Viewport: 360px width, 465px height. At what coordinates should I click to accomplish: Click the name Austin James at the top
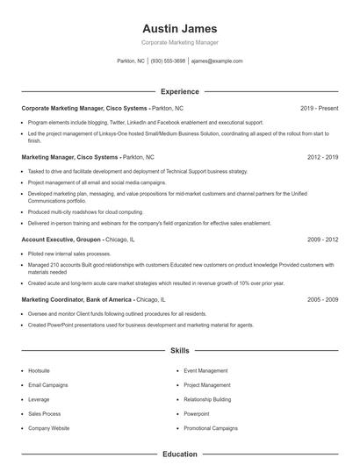(x=179, y=28)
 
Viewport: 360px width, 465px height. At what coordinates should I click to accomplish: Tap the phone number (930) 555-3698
(x=168, y=61)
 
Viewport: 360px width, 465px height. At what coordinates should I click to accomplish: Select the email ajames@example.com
(x=216, y=61)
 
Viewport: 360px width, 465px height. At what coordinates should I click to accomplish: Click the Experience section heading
(x=179, y=91)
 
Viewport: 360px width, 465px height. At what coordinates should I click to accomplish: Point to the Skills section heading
(x=179, y=350)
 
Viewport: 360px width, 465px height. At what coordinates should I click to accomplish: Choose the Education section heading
(x=179, y=454)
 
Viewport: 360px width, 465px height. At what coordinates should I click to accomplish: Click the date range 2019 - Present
(x=319, y=108)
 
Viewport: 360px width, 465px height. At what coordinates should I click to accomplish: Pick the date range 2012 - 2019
(x=322, y=156)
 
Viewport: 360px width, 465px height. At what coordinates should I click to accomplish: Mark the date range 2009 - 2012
(x=322, y=239)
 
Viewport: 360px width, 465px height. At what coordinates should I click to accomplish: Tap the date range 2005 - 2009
(x=322, y=299)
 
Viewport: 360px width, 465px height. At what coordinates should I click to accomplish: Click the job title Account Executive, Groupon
(x=61, y=239)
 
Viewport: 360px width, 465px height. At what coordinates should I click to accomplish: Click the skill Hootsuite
(x=40, y=370)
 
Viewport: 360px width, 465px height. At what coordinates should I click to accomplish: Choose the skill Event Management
(x=205, y=370)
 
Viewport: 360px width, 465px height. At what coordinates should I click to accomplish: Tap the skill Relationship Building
(x=207, y=399)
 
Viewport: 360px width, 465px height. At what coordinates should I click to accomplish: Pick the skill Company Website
(x=49, y=428)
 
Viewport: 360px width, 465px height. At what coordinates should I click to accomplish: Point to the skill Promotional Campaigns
(x=211, y=428)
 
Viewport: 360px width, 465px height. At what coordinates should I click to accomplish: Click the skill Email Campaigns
(x=47, y=384)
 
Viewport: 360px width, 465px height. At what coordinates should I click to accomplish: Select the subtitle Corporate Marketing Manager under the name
(x=179, y=42)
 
